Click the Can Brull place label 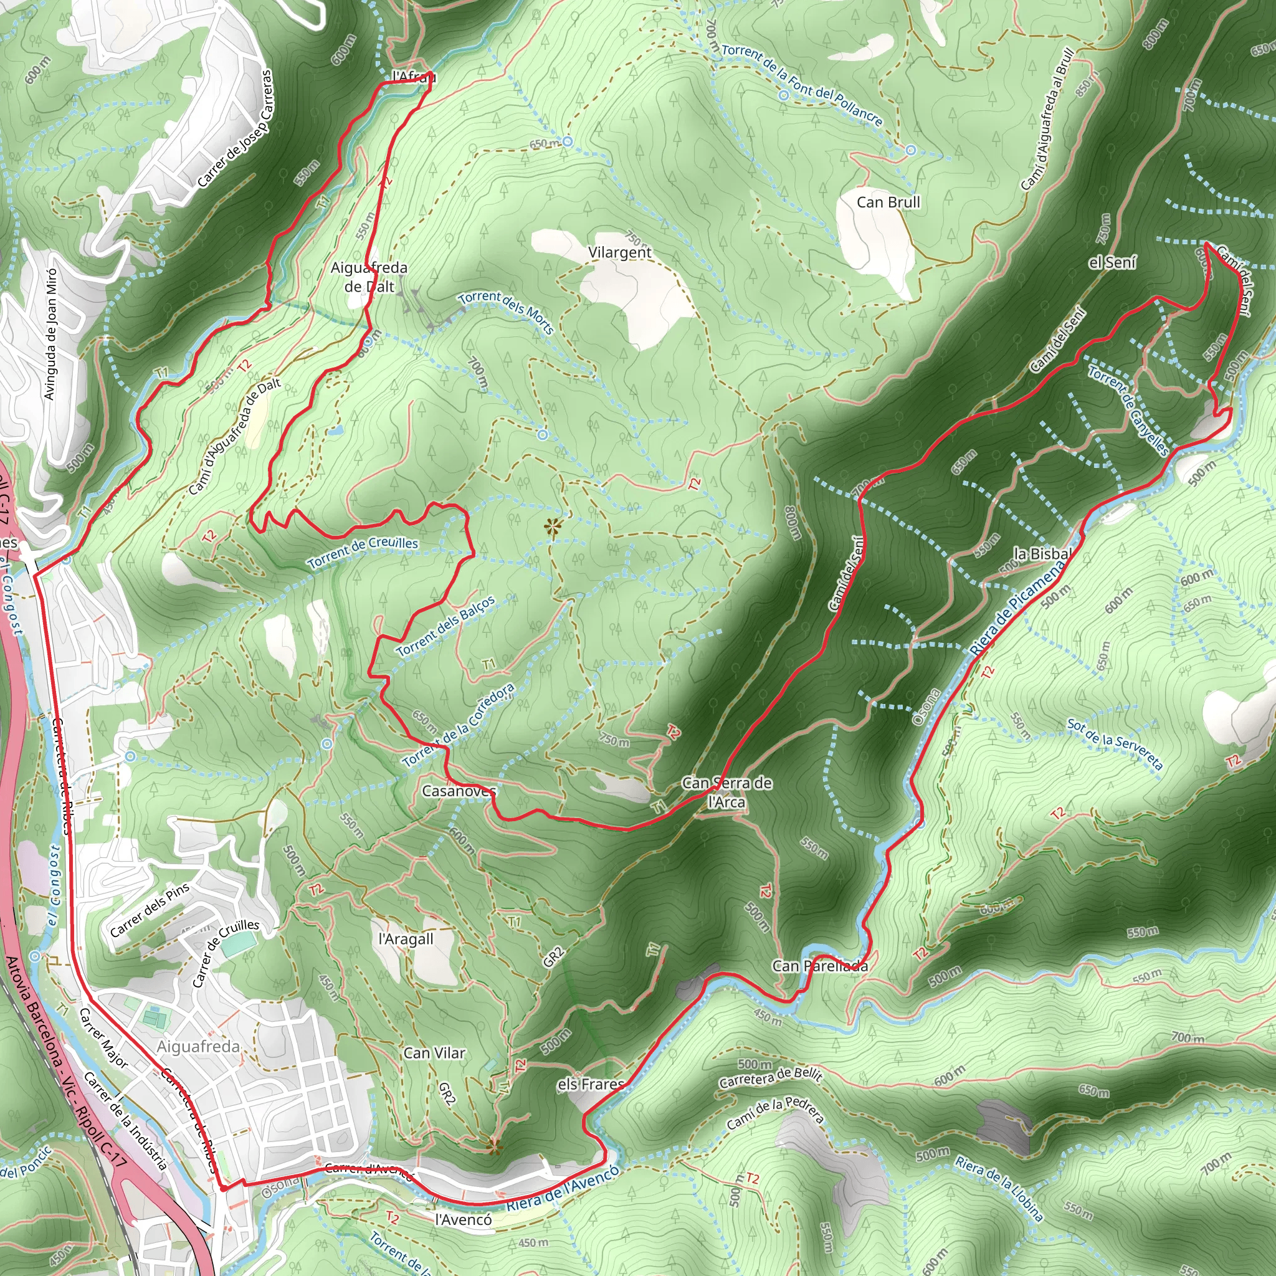[x=888, y=202]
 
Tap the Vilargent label [x=619, y=252]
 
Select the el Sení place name [x=1112, y=263]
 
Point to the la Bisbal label [x=1042, y=553]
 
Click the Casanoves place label [x=459, y=791]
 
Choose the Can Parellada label [x=820, y=966]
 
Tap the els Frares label [x=591, y=1084]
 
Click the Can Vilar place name [x=434, y=1053]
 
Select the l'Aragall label [x=406, y=938]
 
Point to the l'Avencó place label [x=463, y=1219]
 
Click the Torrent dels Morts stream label [x=506, y=312]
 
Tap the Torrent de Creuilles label [x=363, y=552]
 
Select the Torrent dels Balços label [x=446, y=626]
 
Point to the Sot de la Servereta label [x=1115, y=745]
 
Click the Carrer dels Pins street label [x=150, y=910]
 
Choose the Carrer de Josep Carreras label [x=235, y=129]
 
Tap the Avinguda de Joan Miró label [x=50, y=333]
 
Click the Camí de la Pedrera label [x=775, y=1112]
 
